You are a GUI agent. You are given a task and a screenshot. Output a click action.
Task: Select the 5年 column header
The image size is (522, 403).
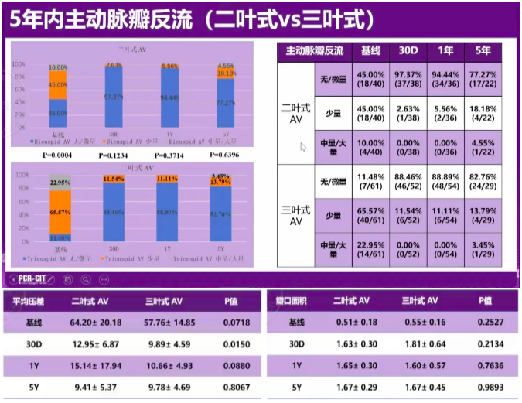483,52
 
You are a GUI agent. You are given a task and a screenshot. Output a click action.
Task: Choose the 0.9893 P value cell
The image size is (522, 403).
485,387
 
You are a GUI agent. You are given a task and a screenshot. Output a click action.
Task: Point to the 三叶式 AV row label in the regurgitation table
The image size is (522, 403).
295,217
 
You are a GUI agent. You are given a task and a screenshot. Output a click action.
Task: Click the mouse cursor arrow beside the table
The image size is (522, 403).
303,146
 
